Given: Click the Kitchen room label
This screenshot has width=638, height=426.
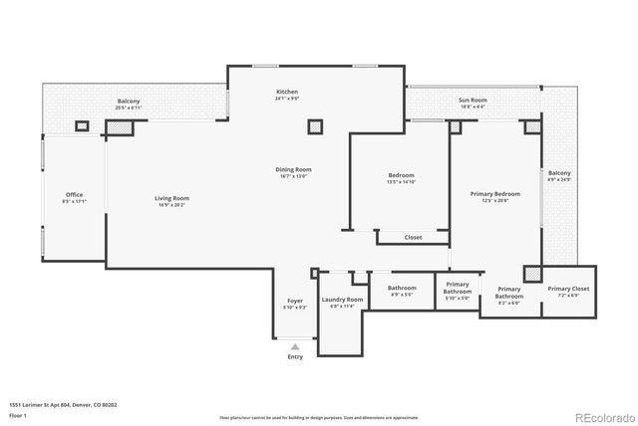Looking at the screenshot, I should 287,92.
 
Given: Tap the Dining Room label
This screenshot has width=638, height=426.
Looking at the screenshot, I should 294,169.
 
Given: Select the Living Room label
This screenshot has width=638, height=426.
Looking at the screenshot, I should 171,198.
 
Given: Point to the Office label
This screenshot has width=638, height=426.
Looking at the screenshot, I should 74,194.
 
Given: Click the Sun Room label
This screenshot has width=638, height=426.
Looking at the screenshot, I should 473,101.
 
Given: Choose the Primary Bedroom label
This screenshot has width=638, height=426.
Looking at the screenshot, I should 495,194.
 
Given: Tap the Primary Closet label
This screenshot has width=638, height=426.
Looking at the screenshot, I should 568,289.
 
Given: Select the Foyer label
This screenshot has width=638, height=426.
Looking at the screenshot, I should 295,301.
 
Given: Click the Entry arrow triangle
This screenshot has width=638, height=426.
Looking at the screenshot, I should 295,346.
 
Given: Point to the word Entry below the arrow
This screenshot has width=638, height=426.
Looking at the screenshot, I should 295,356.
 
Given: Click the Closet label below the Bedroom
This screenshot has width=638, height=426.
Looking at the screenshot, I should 413,237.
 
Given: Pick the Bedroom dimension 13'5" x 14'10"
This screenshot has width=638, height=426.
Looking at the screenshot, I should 401,182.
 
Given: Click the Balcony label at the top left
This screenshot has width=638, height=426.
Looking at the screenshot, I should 129,102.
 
